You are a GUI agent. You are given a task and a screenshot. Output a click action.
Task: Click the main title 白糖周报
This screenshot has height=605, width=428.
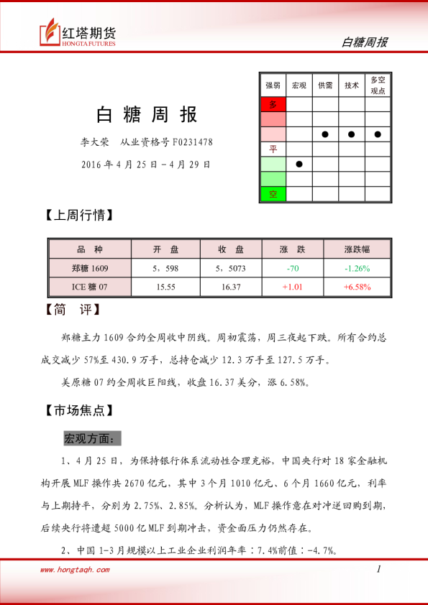coord(147,115)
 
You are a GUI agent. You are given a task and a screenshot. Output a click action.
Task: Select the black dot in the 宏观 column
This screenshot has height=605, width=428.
coord(299,164)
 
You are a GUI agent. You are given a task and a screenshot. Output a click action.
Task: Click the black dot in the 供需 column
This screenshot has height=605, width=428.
coord(325,134)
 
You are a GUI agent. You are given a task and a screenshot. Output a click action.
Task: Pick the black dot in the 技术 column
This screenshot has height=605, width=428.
coord(352,134)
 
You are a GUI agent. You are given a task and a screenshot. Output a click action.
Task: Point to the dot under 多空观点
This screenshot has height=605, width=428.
coord(378,134)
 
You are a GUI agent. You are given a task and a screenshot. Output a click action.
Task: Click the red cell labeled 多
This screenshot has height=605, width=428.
coord(273,105)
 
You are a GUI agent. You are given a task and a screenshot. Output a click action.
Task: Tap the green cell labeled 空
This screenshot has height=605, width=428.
coord(273,194)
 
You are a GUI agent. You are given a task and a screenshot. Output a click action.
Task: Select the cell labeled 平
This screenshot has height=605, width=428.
coord(273,149)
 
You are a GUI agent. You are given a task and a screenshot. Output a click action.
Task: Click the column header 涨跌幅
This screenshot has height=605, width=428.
coord(357,249)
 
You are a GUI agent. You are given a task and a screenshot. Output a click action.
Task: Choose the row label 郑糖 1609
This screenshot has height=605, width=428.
coord(90,269)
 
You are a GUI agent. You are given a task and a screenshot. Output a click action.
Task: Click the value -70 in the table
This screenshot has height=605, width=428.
coord(292,269)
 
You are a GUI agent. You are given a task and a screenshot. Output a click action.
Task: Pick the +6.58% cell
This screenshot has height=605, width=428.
coord(357,287)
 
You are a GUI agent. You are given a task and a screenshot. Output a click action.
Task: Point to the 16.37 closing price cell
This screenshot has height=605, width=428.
coord(230,287)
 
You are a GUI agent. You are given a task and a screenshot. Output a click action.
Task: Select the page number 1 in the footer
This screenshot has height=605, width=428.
coord(378,569)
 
